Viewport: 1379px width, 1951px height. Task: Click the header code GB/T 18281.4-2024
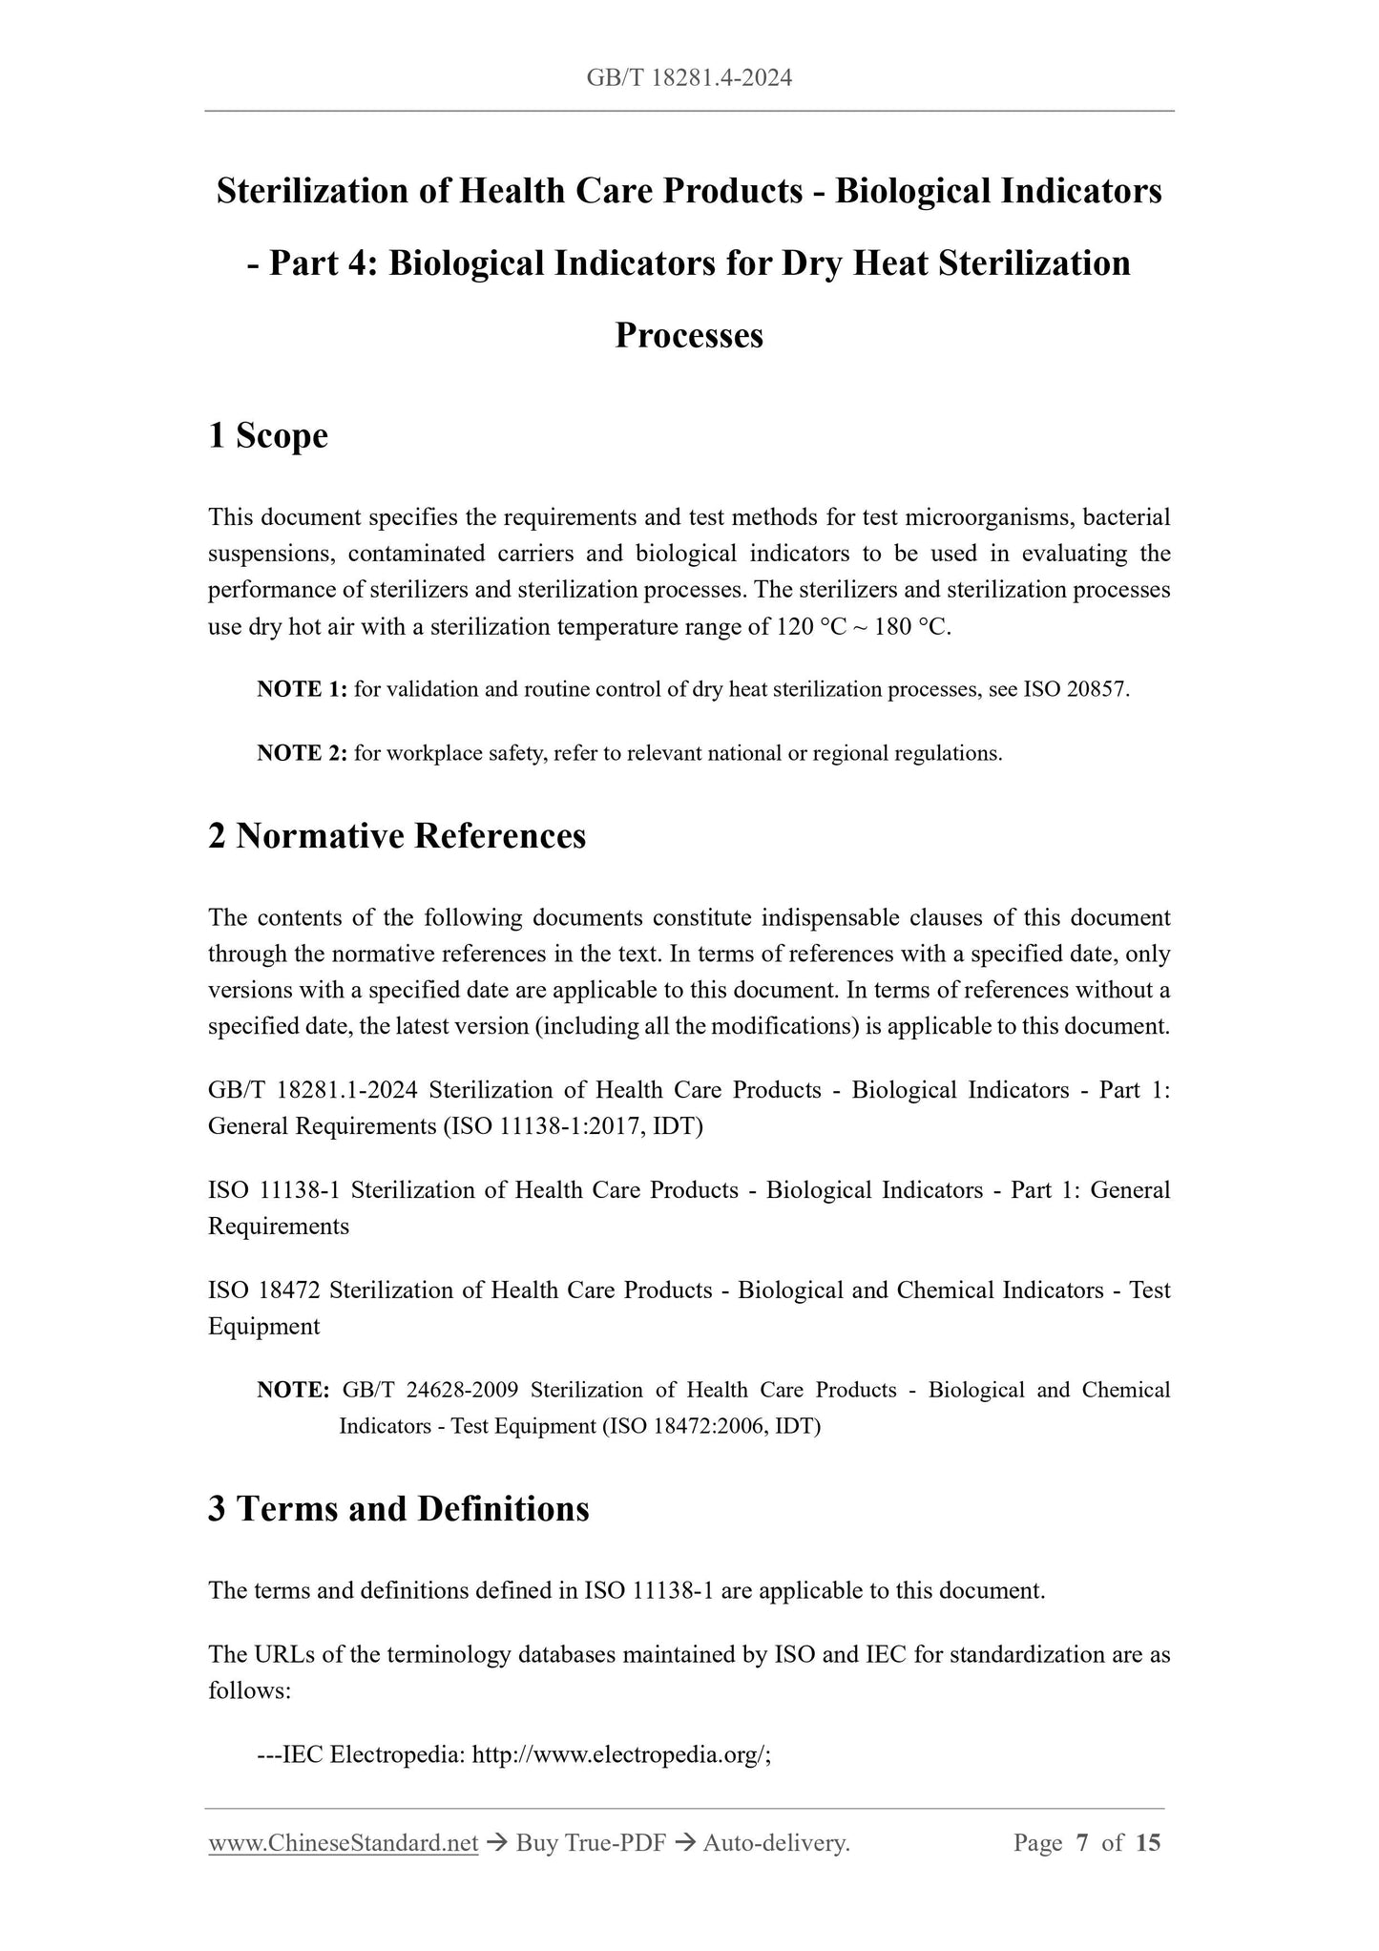pyautogui.click(x=689, y=78)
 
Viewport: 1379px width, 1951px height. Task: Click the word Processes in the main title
pyautogui.click(x=689, y=335)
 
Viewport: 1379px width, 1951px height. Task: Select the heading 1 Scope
pyautogui.click(x=268, y=436)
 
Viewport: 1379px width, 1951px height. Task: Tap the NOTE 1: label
pyautogui.click(x=302, y=689)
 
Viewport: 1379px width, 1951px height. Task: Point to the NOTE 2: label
pyautogui.click(x=302, y=753)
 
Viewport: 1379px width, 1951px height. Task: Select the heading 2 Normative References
pyautogui.click(x=397, y=836)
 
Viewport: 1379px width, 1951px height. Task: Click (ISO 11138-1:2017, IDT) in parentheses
pyautogui.click(x=573, y=1126)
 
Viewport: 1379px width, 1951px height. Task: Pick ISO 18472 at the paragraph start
pyautogui.click(x=264, y=1290)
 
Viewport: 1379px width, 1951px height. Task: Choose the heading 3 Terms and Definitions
pyautogui.click(x=399, y=1509)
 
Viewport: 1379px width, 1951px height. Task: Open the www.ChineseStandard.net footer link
pyautogui.click(x=343, y=1843)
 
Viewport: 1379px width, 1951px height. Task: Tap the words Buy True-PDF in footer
pyautogui.click(x=590, y=1843)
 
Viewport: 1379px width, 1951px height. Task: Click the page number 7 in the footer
pyautogui.click(x=1081, y=1843)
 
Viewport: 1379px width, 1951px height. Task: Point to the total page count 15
pyautogui.click(x=1148, y=1843)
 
